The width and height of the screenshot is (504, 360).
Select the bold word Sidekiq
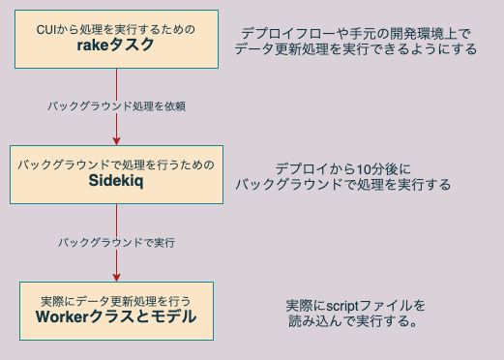point(116,180)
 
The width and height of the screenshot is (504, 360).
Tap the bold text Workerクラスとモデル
point(116,316)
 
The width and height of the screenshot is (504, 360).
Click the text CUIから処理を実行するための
point(116,29)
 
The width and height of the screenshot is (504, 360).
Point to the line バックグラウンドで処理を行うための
point(116,164)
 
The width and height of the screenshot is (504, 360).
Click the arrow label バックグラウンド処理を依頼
point(116,105)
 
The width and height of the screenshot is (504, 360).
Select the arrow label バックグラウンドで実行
point(116,241)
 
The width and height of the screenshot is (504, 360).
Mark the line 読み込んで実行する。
point(353,320)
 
